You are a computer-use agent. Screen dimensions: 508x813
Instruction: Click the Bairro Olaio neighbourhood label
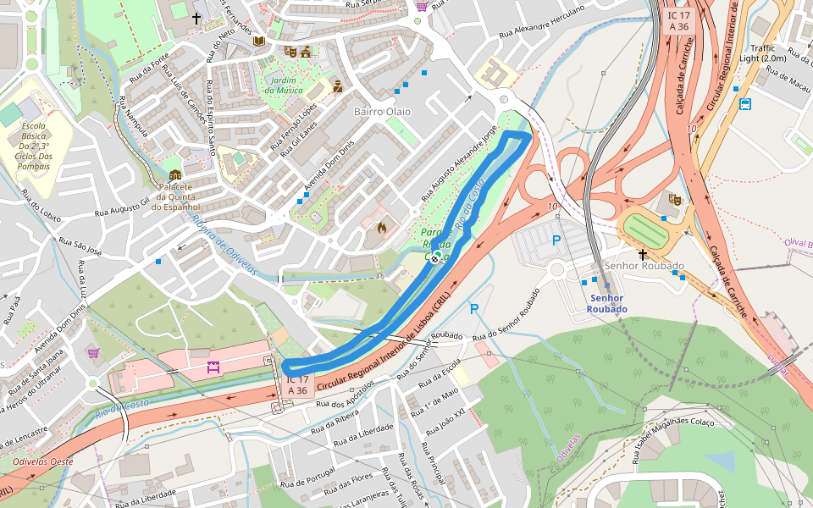[x=381, y=112]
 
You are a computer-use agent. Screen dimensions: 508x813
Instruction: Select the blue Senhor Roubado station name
[x=608, y=303]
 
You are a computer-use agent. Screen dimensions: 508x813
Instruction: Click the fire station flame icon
[x=382, y=228]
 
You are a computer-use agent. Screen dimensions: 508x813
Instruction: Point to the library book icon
[x=258, y=41]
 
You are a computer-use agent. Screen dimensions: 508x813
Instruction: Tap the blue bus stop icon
[x=745, y=104]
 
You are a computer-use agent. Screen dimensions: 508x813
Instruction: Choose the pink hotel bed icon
[x=212, y=367]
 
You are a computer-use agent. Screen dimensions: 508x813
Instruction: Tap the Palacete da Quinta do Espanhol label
[x=176, y=196]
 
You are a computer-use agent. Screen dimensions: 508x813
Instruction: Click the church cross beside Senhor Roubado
[x=642, y=253]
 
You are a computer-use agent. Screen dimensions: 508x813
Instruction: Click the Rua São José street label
[x=80, y=246]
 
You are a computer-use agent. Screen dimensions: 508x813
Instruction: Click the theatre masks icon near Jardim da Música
[x=290, y=52]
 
